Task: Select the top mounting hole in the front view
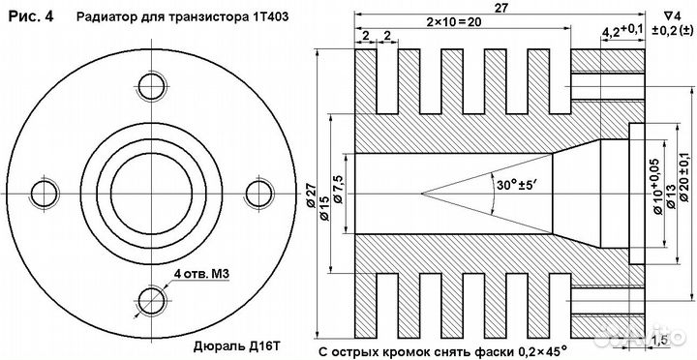pos(152,84)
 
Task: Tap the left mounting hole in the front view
pos(45,190)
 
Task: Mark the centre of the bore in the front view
pos(152,190)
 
